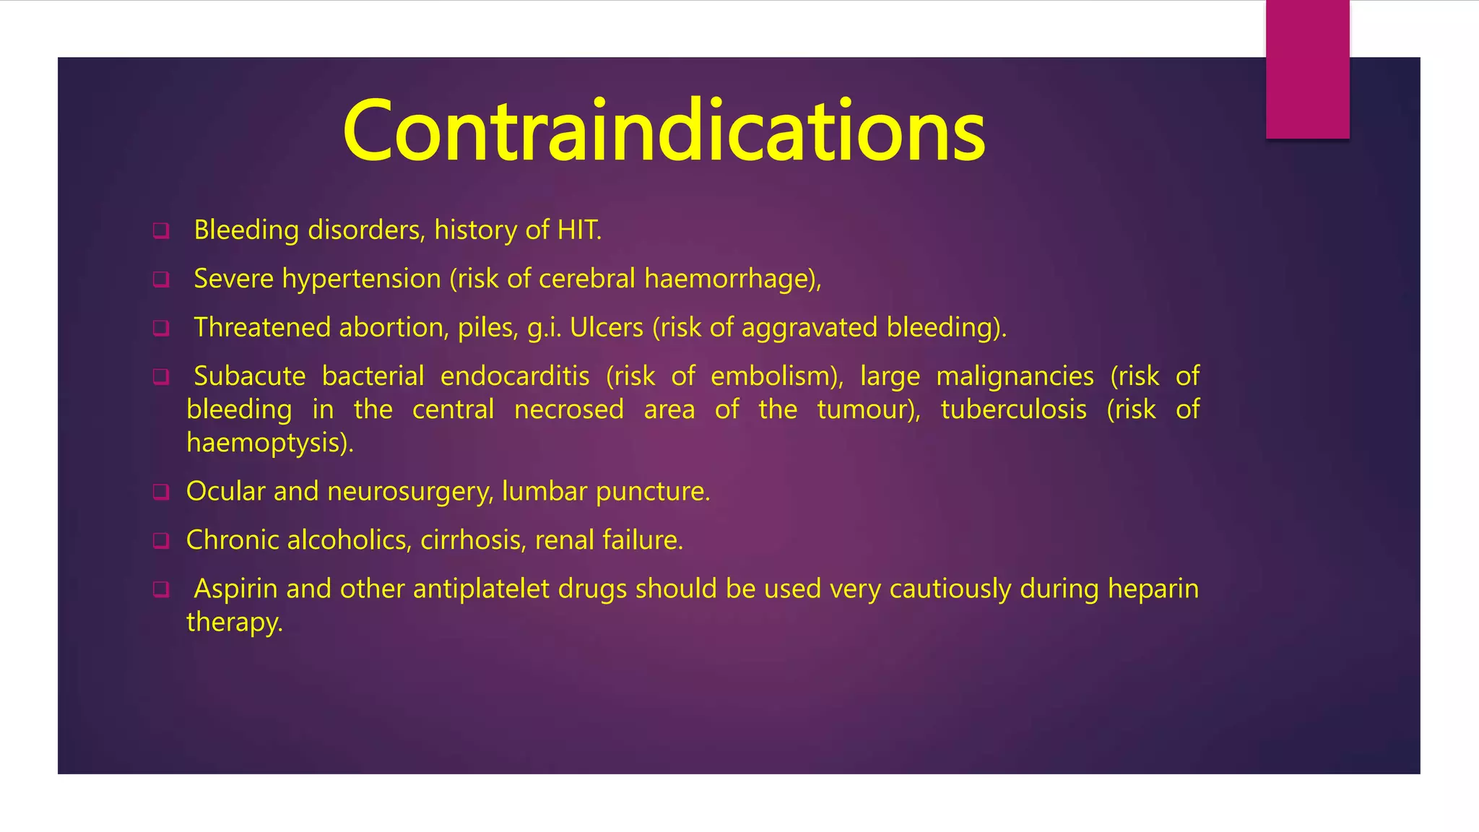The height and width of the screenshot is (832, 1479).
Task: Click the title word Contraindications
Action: tap(664, 131)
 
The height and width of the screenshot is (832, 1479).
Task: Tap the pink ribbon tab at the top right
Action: tap(1307, 69)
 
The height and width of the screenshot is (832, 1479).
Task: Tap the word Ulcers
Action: tap(606, 328)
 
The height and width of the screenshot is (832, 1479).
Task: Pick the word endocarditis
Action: tap(514, 376)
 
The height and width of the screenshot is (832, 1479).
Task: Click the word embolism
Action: tap(773, 376)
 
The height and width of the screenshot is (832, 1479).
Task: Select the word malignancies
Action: tap(1015, 376)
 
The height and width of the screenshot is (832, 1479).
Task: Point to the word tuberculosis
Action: tap(1013, 409)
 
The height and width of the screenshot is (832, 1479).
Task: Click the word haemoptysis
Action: tap(267, 443)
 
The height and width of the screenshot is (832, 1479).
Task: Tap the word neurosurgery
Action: tap(409, 492)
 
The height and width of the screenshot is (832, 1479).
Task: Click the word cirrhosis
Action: tap(472, 540)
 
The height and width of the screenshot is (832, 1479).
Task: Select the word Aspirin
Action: tap(235, 589)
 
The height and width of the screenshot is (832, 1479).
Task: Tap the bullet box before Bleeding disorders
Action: tap(161, 231)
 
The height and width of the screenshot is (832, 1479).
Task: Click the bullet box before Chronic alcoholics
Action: tap(161, 541)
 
